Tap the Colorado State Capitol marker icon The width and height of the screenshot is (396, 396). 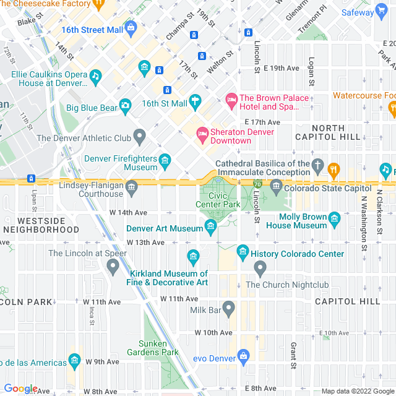[x=276, y=185]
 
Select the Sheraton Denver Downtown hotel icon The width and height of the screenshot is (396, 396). [x=202, y=132]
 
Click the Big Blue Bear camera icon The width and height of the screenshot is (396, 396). [x=126, y=107]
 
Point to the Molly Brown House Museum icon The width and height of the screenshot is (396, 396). [x=335, y=218]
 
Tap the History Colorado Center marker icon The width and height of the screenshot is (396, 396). [x=243, y=252]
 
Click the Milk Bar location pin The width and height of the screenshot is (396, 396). [x=228, y=308]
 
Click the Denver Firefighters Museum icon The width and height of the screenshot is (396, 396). [x=165, y=161]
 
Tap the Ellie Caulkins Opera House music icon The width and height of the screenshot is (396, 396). [x=95, y=77]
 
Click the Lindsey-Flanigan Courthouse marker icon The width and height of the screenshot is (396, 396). [x=132, y=186]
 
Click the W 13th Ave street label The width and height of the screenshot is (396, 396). [x=145, y=243]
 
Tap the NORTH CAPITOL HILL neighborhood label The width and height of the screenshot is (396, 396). [x=337, y=132]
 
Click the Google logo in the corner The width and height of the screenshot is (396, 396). [x=20, y=389]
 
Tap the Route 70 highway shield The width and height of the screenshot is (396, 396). [x=257, y=184]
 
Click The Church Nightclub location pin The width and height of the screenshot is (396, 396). [x=260, y=269]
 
